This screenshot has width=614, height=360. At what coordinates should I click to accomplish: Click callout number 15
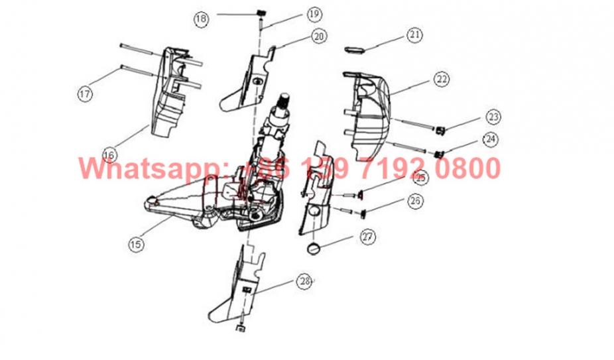click(136, 244)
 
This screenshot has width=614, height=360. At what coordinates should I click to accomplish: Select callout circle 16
click(110, 154)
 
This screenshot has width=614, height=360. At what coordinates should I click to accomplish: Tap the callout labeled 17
click(85, 94)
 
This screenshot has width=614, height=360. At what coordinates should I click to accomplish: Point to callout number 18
click(202, 19)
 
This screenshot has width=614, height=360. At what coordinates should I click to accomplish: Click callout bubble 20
click(319, 36)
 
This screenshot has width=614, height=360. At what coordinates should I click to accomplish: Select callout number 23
click(491, 117)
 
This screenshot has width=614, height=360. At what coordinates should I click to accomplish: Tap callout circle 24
click(490, 140)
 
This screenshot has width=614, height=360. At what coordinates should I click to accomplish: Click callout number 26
click(415, 200)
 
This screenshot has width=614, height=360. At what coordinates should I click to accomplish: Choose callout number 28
click(304, 282)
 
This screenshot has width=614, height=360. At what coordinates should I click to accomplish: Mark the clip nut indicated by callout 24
click(438, 154)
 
